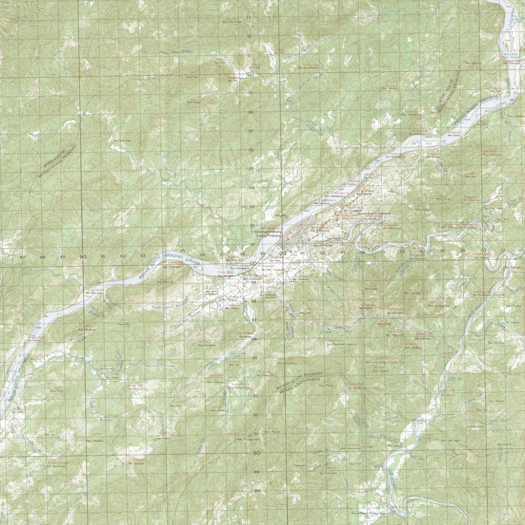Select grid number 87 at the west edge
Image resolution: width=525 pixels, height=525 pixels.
[x=22, y=257]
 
